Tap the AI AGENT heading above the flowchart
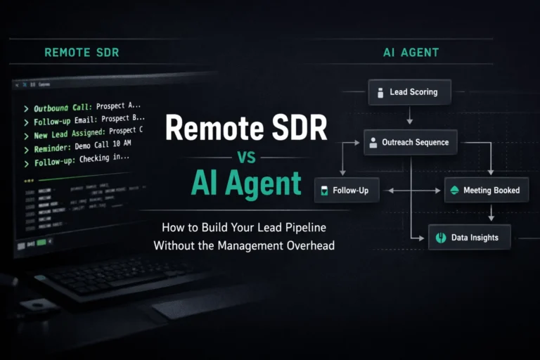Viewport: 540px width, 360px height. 411,52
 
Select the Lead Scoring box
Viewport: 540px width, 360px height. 409,91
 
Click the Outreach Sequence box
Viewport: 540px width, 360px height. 411,142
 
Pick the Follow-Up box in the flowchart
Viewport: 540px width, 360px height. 347,191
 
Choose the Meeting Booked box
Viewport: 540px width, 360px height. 486,190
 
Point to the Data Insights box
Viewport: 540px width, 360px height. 469,238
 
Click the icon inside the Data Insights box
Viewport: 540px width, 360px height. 442,238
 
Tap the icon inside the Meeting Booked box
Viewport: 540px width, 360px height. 454,190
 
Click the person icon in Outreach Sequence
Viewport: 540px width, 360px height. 373,143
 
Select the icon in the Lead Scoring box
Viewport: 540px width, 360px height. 380,92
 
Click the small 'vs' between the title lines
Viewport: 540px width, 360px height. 247,157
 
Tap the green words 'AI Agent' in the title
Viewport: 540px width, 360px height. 246,184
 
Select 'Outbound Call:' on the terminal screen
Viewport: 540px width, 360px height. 63,108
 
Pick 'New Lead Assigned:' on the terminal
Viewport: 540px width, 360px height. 69,134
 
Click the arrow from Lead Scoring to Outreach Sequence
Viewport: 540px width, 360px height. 409,117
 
